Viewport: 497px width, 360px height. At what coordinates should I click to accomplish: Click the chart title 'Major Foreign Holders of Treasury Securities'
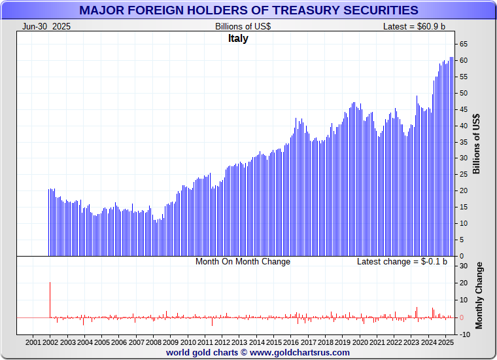(248, 10)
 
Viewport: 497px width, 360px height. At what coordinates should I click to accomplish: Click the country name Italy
(238, 39)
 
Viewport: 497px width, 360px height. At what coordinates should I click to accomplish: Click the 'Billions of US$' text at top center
(243, 26)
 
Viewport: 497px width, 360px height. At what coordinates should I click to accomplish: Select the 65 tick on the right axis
(463, 44)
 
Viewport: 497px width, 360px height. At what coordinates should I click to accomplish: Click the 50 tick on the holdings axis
(463, 93)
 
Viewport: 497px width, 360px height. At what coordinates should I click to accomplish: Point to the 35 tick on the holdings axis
(463, 142)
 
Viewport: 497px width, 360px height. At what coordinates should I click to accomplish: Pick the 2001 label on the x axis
(33, 342)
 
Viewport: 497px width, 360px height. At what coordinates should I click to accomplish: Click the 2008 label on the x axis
(154, 342)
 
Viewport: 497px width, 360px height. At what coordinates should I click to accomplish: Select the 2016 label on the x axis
(291, 342)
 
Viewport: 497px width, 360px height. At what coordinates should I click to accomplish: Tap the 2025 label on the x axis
(445, 342)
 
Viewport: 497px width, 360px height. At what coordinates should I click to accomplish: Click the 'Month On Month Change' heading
(243, 262)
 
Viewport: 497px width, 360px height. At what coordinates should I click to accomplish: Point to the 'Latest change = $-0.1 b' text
(402, 262)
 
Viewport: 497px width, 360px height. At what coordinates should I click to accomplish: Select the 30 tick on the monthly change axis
(463, 266)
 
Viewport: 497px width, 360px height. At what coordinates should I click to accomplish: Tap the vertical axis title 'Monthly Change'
(479, 295)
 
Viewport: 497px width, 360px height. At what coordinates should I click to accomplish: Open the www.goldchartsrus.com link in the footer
(300, 352)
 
